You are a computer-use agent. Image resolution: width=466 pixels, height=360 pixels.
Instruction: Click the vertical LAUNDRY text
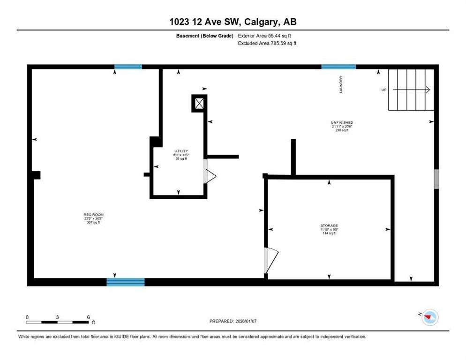click(341, 84)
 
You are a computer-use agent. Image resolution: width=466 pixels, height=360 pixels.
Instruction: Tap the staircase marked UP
click(411, 90)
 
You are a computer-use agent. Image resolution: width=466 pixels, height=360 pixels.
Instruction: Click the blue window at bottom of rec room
click(125, 282)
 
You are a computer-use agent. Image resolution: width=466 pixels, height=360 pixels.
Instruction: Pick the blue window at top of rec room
click(128, 67)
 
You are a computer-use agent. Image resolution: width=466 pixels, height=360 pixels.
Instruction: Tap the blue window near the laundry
click(338, 67)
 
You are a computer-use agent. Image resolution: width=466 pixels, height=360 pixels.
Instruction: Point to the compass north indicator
click(428, 318)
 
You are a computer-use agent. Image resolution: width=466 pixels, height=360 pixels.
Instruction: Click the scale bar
click(57, 322)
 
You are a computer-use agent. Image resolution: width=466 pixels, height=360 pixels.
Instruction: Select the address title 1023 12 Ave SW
click(233, 22)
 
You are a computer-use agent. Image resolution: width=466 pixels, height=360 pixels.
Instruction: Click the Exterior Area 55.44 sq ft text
click(267, 36)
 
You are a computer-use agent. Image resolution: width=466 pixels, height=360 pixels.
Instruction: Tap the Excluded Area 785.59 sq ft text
click(267, 43)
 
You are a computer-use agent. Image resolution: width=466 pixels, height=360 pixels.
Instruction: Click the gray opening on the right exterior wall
click(436, 179)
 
